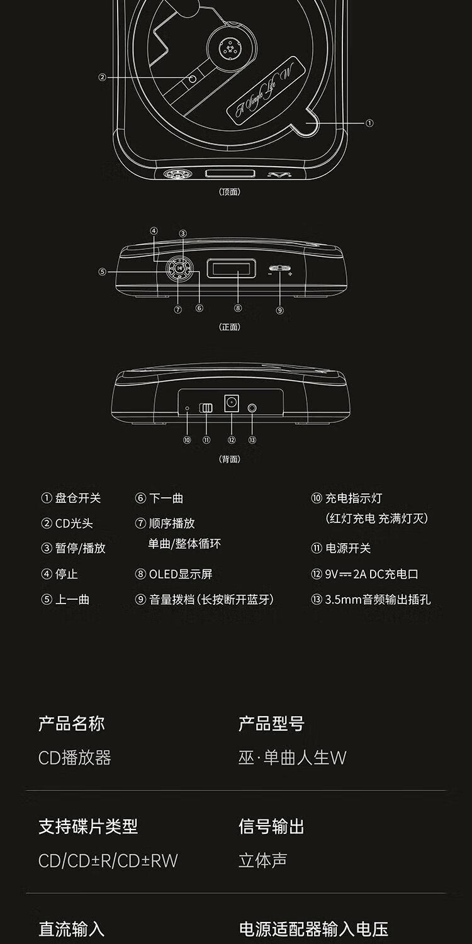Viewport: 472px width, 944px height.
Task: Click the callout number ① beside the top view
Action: point(369,123)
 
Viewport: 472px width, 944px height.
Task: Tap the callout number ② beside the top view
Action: point(102,78)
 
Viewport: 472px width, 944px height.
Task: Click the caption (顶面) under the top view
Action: point(230,192)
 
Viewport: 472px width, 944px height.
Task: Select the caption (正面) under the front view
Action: point(230,327)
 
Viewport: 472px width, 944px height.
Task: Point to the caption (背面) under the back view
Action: point(230,459)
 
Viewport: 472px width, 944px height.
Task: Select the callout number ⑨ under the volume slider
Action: point(280,310)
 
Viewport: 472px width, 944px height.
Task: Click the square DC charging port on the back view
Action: point(232,403)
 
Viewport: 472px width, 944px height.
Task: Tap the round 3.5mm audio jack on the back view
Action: point(252,408)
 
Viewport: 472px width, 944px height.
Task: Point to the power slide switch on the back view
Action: point(206,408)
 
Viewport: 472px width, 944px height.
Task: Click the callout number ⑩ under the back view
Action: point(187,440)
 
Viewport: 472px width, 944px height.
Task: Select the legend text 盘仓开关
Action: point(78,498)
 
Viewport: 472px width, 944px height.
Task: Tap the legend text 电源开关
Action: point(348,548)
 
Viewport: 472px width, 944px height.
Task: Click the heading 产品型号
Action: point(271,724)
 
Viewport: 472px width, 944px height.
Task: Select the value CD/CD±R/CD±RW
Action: point(108,860)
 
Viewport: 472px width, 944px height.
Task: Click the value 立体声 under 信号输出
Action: point(262,860)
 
